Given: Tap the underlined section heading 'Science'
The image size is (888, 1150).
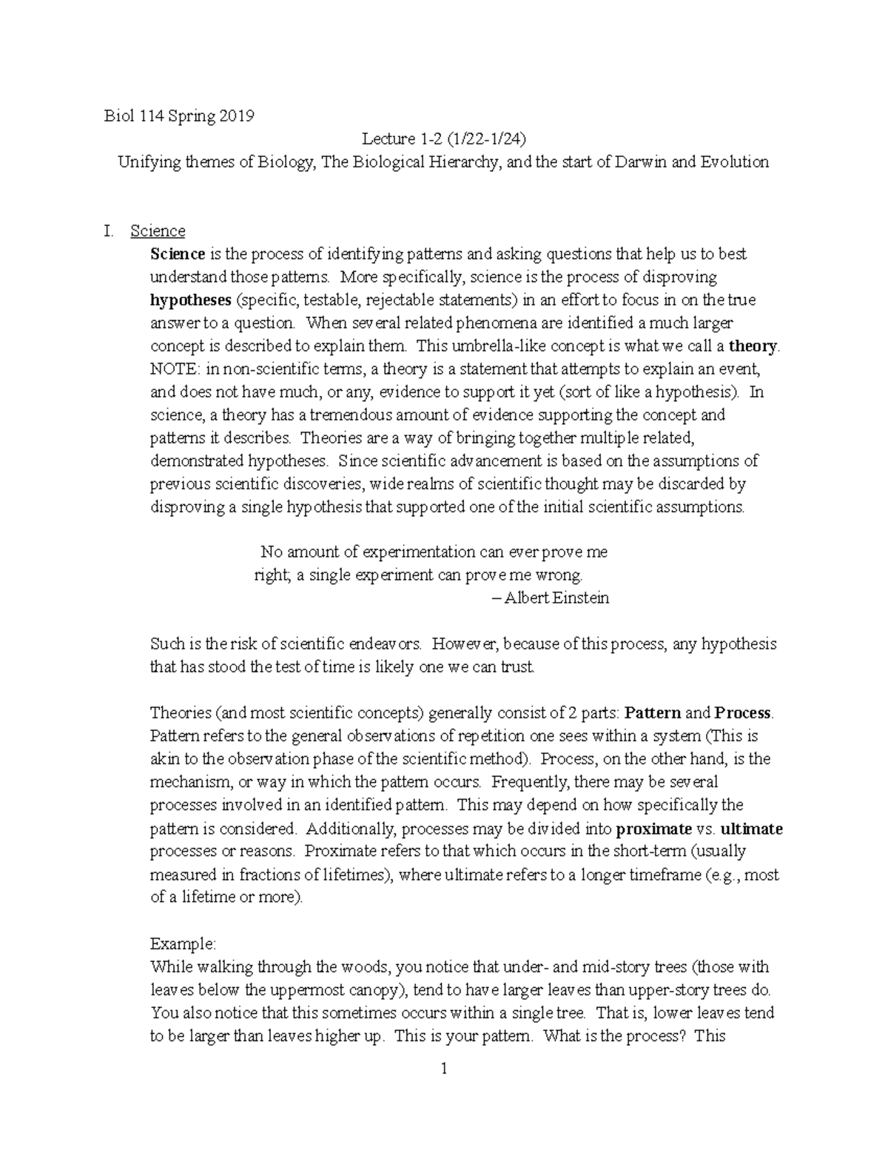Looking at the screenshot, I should point(158,231).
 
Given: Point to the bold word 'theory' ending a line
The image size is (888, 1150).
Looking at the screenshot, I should point(753,346).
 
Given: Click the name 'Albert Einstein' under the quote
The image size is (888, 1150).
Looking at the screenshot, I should point(556,598).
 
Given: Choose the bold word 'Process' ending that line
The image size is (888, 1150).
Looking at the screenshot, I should point(742,713).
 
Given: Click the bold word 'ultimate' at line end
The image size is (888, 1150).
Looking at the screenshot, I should point(751,829).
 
